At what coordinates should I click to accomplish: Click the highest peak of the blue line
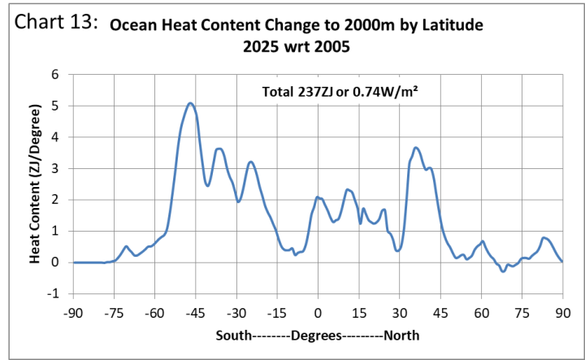[x=190, y=103]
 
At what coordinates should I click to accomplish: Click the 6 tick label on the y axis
[x=56, y=75]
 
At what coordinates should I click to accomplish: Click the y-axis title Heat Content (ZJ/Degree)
[x=36, y=184]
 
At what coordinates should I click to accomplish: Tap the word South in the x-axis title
[x=235, y=335]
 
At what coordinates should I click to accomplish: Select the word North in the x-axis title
[x=401, y=335]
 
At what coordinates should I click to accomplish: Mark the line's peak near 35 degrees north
[x=416, y=148]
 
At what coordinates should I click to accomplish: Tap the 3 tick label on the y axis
[x=56, y=168]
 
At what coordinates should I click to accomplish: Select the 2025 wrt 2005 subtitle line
[x=296, y=46]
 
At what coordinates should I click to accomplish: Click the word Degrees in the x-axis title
[x=318, y=335]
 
